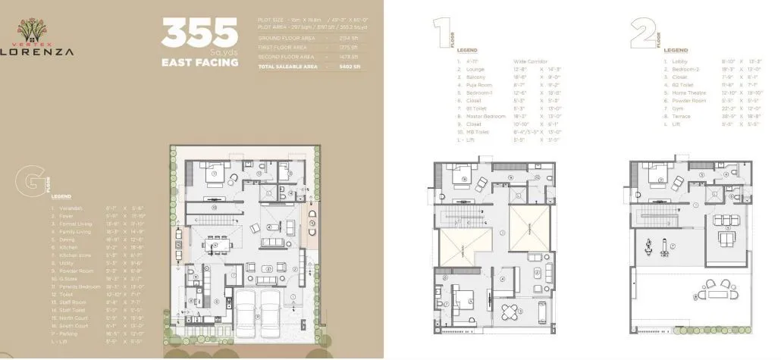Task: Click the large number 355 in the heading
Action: tap(199, 33)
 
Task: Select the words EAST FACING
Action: tap(200, 63)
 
